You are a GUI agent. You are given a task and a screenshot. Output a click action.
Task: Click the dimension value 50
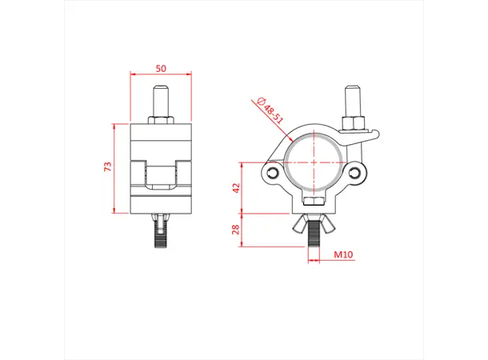162,70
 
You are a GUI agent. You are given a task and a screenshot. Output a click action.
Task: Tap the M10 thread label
345,255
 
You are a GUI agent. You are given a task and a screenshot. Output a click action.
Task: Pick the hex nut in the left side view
161,120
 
